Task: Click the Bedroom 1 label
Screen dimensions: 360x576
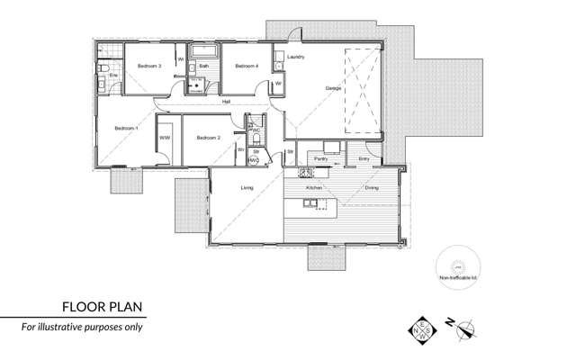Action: click(125, 130)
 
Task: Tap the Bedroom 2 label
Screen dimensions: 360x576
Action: click(208, 138)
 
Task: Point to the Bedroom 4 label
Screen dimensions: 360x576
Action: click(247, 67)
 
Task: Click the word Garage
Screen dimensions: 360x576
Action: click(333, 86)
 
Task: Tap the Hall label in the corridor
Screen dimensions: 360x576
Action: click(229, 102)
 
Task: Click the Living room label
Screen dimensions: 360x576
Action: click(247, 187)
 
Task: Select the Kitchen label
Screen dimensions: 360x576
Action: click(313, 187)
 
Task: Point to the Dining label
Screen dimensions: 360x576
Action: click(372, 187)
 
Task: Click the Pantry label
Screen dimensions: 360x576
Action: click(320, 158)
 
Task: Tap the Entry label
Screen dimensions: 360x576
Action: click(364, 158)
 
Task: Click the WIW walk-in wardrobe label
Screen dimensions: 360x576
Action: click(165, 138)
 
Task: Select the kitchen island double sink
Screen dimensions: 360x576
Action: click(309, 203)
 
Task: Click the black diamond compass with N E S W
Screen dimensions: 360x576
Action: click(419, 330)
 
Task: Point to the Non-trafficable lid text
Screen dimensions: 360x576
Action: click(457, 279)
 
